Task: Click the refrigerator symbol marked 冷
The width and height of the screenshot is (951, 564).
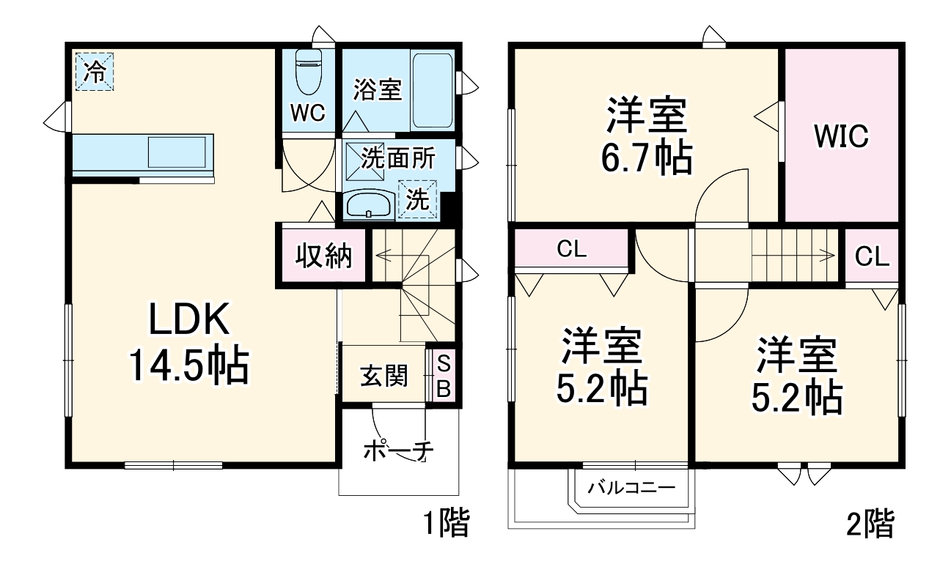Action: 93,71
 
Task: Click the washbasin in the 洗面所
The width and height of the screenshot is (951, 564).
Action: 369,204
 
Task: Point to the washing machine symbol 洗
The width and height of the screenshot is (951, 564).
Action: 417,200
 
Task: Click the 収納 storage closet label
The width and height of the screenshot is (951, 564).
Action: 323,256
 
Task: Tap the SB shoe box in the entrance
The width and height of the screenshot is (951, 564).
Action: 444,375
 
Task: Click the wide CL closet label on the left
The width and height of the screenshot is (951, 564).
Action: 571,250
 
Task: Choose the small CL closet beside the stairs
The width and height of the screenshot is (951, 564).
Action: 872,256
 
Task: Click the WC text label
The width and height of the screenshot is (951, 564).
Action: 306,114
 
